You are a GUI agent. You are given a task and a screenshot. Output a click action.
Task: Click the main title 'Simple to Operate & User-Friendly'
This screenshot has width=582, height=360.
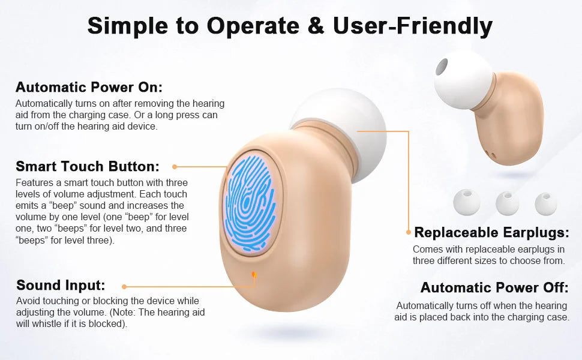point(290,26)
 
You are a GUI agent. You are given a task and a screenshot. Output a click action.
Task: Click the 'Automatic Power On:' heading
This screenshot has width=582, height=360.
point(89,87)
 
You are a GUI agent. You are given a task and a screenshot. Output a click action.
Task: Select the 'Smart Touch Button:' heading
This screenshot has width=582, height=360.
point(88,166)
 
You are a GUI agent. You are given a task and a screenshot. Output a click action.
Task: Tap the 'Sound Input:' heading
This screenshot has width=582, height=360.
point(61,285)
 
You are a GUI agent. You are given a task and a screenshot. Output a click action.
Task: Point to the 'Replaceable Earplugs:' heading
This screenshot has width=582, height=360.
point(491,232)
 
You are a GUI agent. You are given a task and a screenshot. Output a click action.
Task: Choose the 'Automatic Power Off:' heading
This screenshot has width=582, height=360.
point(494,287)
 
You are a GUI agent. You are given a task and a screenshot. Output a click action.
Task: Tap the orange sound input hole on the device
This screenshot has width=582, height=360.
point(254,275)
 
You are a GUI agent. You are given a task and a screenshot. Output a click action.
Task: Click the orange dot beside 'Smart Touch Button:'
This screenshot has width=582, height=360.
point(175,167)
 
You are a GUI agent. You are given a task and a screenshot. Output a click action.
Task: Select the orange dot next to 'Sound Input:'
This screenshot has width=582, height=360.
point(124,287)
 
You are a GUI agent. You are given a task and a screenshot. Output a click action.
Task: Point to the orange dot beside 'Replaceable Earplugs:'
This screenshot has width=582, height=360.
point(409,232)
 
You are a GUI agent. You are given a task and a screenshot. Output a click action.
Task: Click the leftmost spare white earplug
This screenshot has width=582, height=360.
point(467,202)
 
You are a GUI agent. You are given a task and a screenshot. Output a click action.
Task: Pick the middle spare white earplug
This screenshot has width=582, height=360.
point(508,203)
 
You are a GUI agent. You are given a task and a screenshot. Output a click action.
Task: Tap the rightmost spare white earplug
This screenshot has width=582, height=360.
point(545,204)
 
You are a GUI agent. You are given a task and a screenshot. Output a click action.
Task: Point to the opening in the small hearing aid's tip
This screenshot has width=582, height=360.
point(442,67)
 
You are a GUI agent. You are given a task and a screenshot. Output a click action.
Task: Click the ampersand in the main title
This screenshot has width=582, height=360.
point(316,26)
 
